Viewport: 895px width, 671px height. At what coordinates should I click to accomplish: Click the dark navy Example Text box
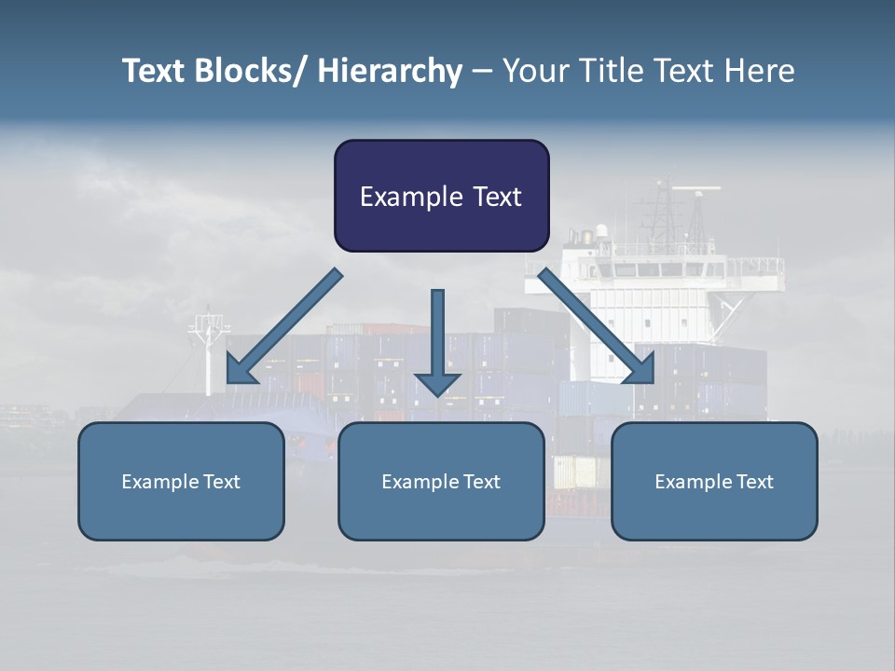pyautogui.click(x=441, y=196)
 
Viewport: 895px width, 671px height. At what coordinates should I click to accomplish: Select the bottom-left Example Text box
pyautogui.click(x=181, y=481)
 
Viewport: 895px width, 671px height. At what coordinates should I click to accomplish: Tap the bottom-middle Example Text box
pyautogui.click(x=441, y=481)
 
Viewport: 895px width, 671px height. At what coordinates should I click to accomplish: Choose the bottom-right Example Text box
pyautogui.click(x=714, y=481)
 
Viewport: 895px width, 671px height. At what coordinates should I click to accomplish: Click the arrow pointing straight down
pyautogui.click(x=437, y=345)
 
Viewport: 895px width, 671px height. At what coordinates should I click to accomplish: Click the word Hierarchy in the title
pyautogui.click(x=390, y=71)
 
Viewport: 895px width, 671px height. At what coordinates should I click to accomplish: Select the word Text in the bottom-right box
pyautogui.click(x=754, y=482)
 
